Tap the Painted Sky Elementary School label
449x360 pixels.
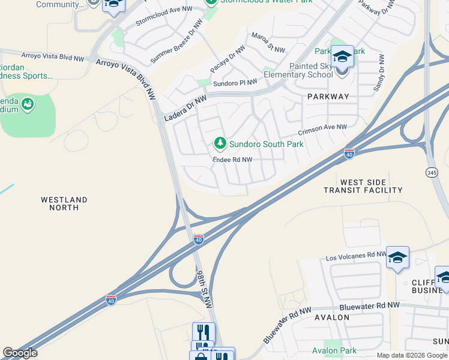tap(298, 70)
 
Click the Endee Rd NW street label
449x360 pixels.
tap(232, 160)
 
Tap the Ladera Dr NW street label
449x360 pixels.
tap(185, 109)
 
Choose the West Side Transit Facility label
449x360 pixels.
tap(363, 186)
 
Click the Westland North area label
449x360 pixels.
tap(64, 203)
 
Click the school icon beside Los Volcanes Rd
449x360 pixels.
tap(397, 257)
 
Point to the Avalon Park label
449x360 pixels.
tap(334, 350)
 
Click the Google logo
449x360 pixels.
tap(20, 353)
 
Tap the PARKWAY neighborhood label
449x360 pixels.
tap(328, 97)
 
